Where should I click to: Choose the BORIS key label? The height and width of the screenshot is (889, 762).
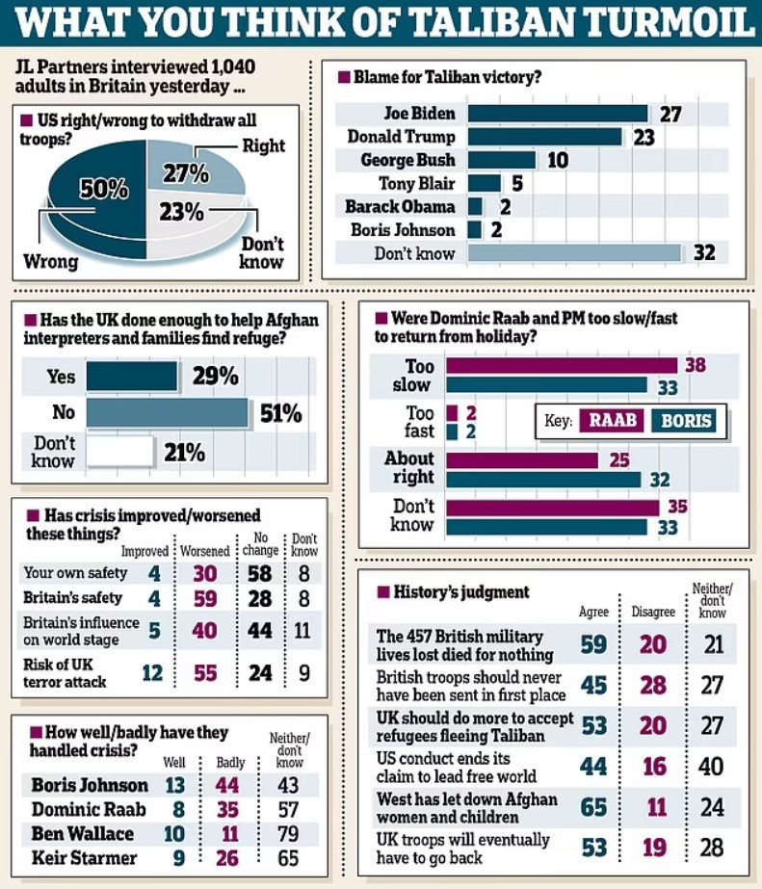[685, 421]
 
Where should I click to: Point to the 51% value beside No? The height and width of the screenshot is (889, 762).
[280, 414]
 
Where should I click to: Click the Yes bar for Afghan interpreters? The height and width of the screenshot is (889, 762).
[132, 377]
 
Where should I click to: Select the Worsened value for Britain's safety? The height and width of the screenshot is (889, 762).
[204, 599]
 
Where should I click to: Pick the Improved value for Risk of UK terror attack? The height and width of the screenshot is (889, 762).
[152, 672]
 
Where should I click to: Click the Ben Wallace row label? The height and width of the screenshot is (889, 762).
[81, 833]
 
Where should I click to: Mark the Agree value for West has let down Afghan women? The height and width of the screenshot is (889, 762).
[593, 805]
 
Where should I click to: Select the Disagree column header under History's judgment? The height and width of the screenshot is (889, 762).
[653, 612]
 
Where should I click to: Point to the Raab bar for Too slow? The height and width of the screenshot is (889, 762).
[562, 366]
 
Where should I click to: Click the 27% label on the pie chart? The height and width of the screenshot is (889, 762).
[185, 173]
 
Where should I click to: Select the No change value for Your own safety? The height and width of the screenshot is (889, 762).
[260, 574]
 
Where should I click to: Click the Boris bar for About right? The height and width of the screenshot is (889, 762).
[542, 479]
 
